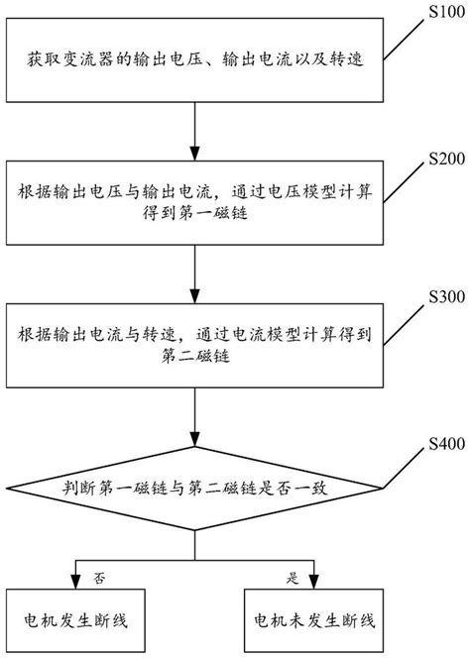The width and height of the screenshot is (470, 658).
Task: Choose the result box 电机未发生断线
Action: click(312, 620)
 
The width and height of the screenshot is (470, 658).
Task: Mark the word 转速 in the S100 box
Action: click(347, 63)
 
